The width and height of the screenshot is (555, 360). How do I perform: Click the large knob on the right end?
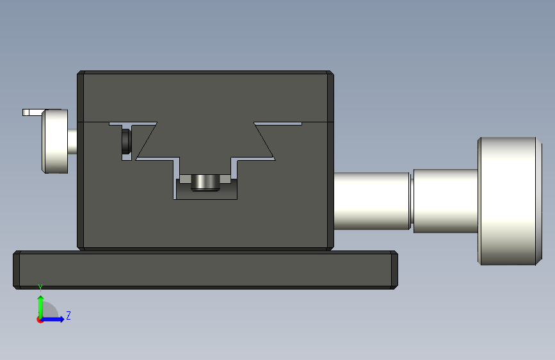510,201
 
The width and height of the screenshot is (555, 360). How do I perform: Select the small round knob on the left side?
55,141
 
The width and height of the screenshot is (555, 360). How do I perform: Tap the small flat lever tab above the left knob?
33,112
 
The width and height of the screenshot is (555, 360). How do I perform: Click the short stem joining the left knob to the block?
72,142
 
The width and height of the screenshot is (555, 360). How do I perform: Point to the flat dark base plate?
205,270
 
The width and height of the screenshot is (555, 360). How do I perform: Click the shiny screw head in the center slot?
205,183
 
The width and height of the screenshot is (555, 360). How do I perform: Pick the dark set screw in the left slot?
126,142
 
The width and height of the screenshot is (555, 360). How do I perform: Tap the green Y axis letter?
40,288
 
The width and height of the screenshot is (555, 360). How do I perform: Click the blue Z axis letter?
68,315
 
